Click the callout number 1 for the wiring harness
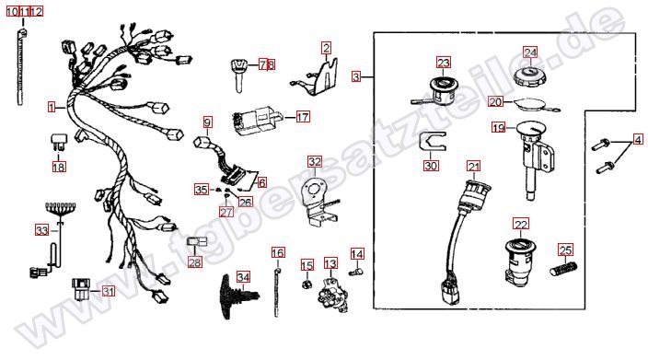coord(52,108)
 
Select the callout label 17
coord(303,117)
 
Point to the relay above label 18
coord(58,142)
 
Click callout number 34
coord(243,277)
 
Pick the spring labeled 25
coord(563,269)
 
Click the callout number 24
coord(530,52)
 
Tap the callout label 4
coord(638,140)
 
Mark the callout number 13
coord(330,263)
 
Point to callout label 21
coord(474,166)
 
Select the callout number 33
coord(41,230)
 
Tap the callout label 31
coord(109,292)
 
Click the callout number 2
coord(327,49)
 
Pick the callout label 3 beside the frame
coord(356,76)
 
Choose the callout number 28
coord(194,261)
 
